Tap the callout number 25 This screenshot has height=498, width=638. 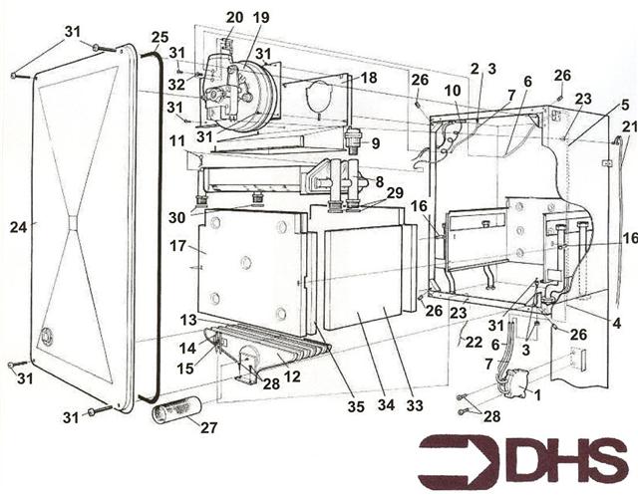tap(160, 38)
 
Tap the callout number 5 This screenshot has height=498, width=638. tap(624, 104)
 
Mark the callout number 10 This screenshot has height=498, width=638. tap(450, 91)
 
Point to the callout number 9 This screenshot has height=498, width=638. tap(376, 143)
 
